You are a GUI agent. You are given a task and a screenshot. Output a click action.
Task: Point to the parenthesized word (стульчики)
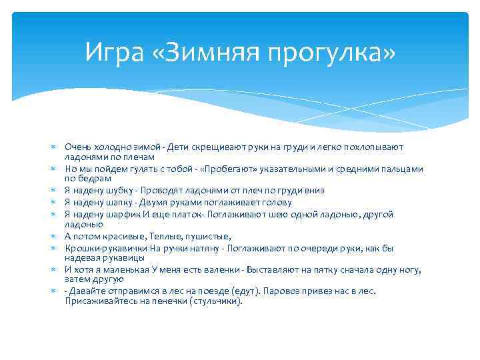(215, 301)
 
